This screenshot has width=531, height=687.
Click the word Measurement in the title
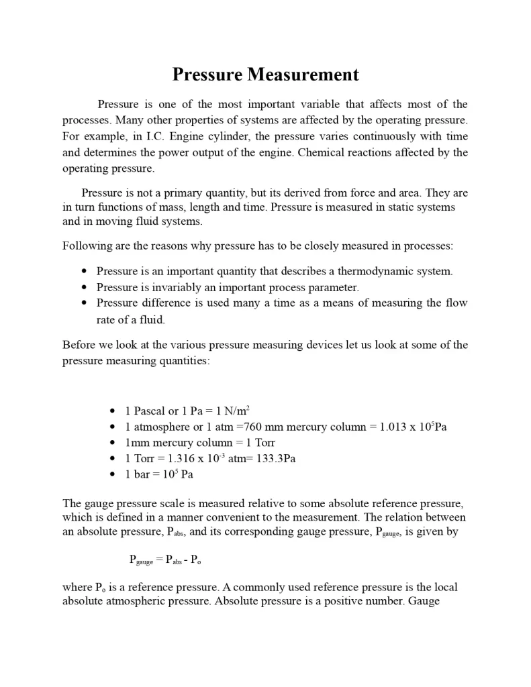click(303, 74)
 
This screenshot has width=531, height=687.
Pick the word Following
click(85, 246)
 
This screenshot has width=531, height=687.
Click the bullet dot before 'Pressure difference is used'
click(84, 303)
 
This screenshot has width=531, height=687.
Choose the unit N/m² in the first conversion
click(237, 411)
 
